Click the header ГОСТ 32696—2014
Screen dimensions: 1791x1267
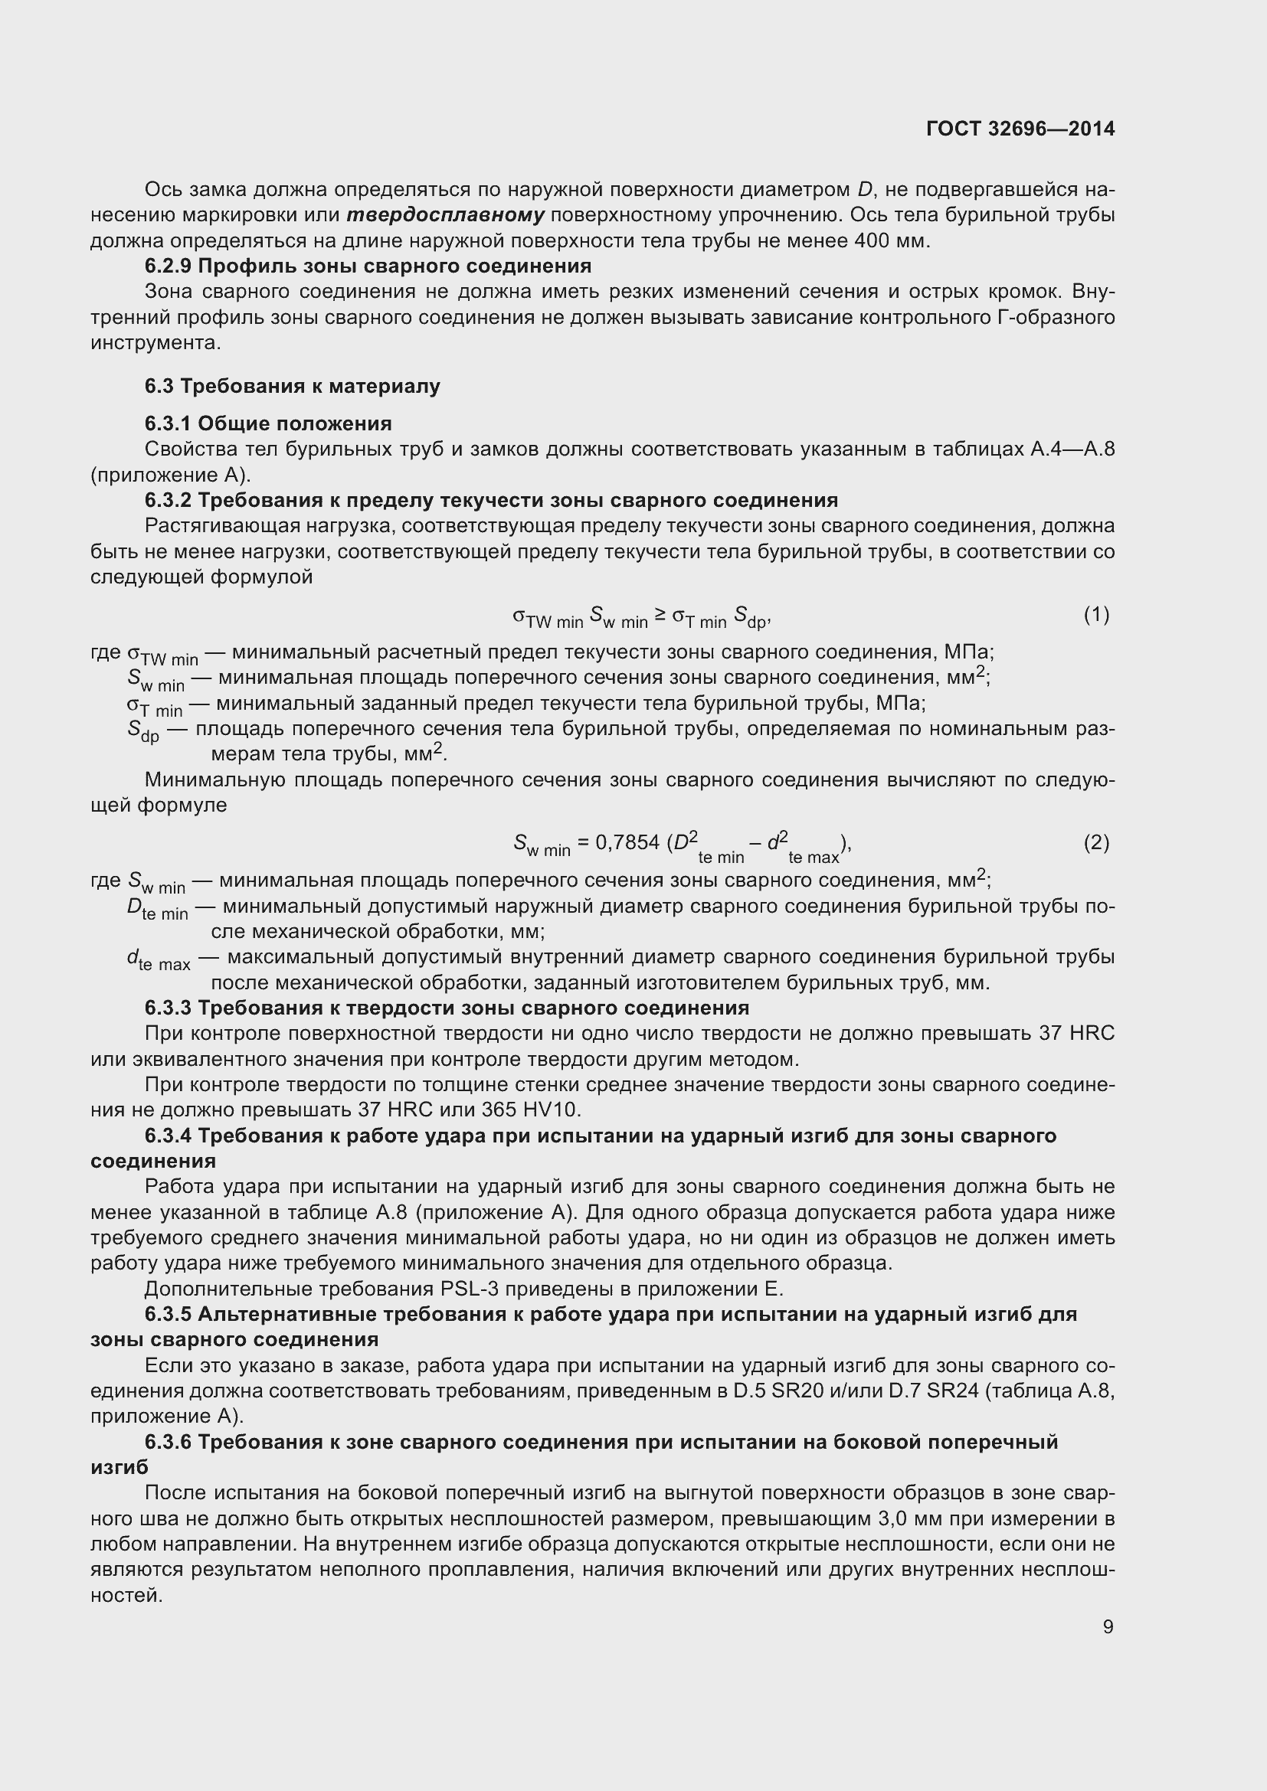point(1020,129)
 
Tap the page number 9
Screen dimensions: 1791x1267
point(1108,1626)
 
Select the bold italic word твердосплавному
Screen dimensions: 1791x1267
point(446,215)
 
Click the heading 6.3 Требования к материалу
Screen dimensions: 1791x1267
point(292,386)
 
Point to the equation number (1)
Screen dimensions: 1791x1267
point(1096,615)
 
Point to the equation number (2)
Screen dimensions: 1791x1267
point(1096,842)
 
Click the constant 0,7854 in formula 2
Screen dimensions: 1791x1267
point(627,842)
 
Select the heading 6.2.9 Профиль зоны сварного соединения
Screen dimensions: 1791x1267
point(368,266)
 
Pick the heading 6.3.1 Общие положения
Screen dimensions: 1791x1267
point(267,423)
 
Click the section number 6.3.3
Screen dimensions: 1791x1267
point(168,1008)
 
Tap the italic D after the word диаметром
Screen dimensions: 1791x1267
point(863,190)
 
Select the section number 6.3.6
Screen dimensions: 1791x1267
point(168,1442)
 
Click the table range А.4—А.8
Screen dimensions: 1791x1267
point(1072,449)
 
